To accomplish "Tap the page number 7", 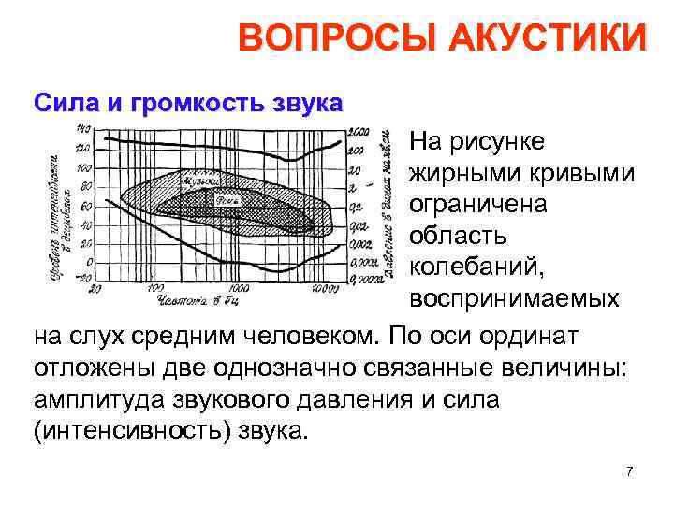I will click(x=630, y=470).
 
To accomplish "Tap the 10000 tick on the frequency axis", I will click(x=325, y=290).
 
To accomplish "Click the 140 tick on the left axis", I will click(x=83, y=129).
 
